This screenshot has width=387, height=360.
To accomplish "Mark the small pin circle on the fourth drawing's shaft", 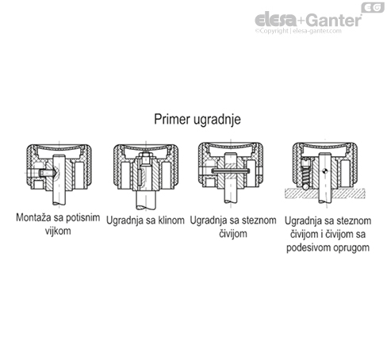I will pos(327,167).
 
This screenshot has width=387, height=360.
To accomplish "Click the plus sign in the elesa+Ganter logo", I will pos(303,20).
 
